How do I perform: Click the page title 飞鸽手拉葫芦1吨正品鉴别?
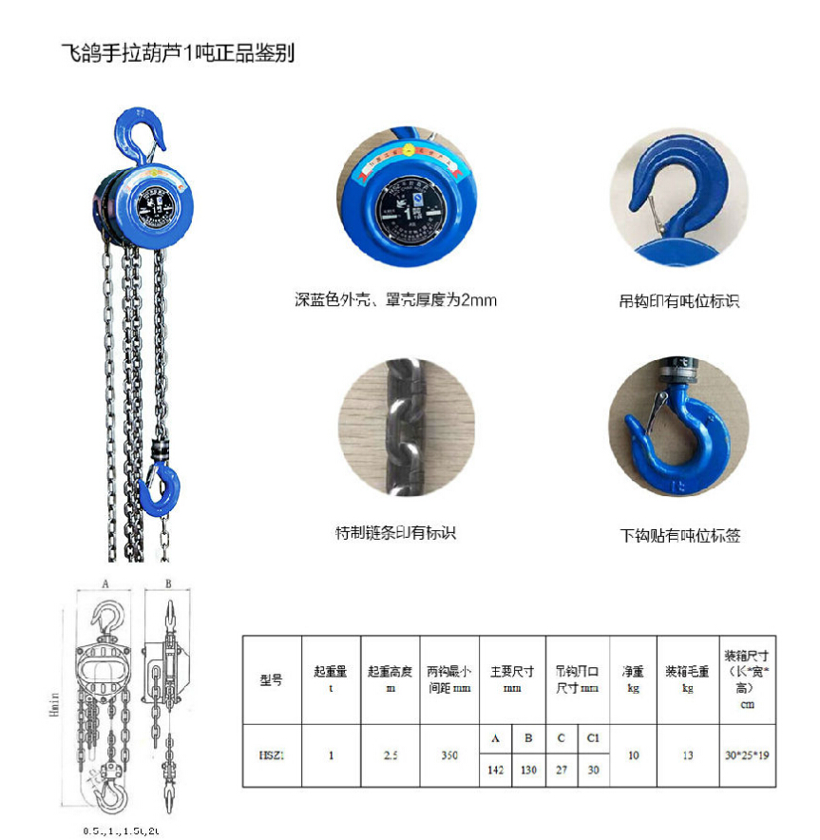click(178, 53)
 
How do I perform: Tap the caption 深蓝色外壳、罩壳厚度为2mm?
click(395, 301)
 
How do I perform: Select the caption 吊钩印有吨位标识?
click(678, 302)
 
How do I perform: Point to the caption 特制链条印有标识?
click(395, 532)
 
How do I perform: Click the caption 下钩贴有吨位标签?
click(679, 535)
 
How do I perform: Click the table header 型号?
click(271, 680)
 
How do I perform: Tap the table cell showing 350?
click(450, 755)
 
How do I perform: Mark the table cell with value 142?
click(496, 771)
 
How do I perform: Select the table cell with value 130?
click(528, 771)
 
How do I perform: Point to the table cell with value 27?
click(562, 771)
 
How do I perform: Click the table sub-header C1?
click(593, 739)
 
